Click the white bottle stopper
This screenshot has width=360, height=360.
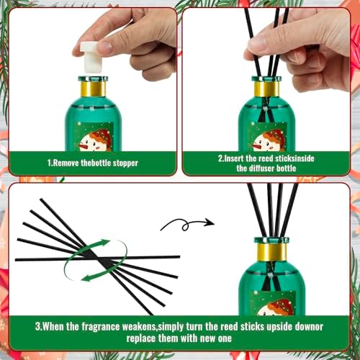pyautogui.click(x=91, y=57)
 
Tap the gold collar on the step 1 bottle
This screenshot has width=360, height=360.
pyautogui.click(x=93, y=89)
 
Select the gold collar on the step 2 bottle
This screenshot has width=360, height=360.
pyautogui.click(x=266, y=89)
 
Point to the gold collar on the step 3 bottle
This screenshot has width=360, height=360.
pyautogui.click(x=271, y=252)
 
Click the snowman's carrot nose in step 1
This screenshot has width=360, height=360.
pyautogui.click(x=84, y=145)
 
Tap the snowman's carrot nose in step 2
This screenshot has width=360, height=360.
pyautogui.click(x=257, y=145)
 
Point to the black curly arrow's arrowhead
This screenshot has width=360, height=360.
pyautogui.click(x=210, y=222)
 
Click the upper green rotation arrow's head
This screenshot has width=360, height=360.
pyautogui.click(x=105, y=243)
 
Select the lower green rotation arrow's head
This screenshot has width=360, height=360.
pyautogui.click(x=86, y=279)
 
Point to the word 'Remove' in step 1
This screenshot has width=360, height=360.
pyautogui.click(x=66, y=163)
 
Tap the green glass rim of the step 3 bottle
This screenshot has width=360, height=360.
pyautogui.click(x=271, y=240)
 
